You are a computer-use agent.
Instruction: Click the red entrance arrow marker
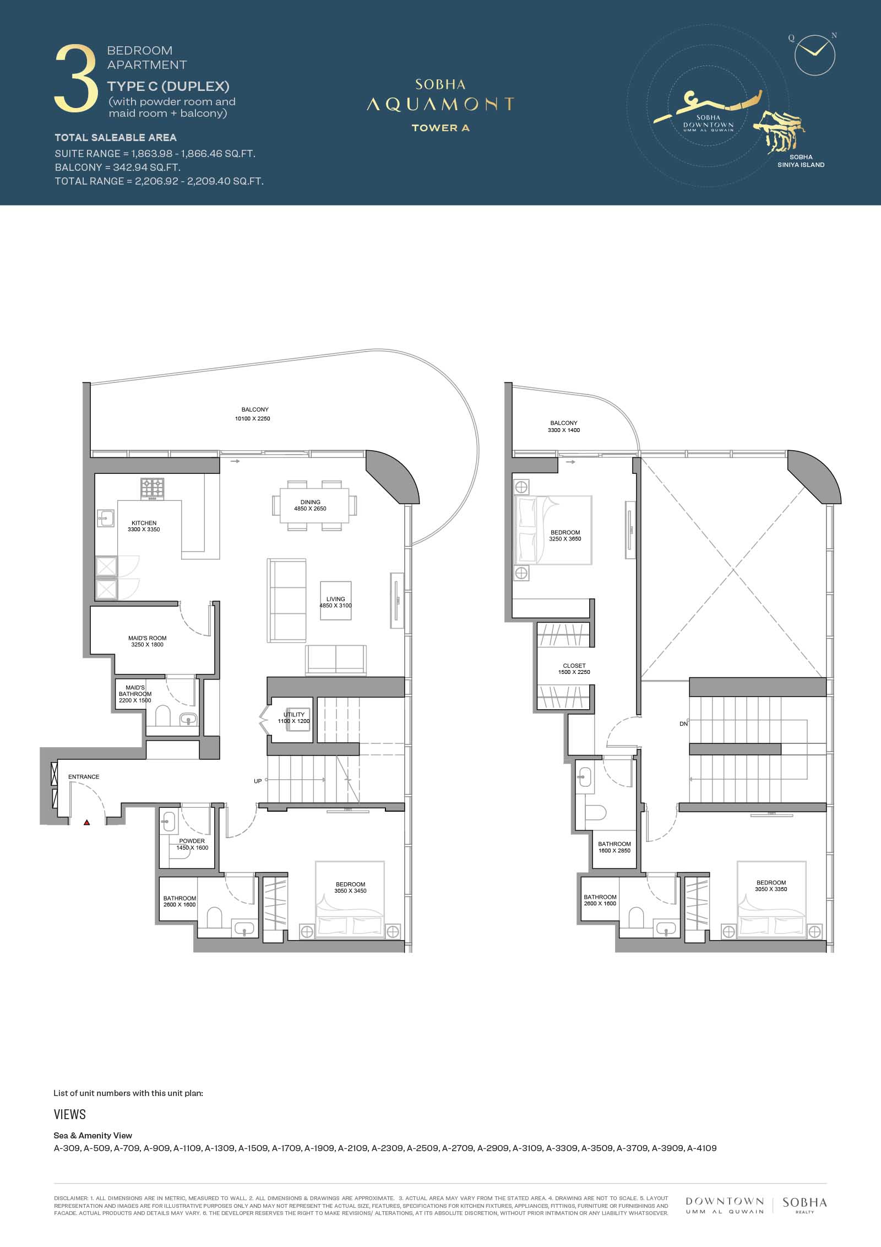tap(86, 823)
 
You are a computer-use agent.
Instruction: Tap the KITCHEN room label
tap(144, 523)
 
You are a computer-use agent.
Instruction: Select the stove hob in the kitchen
tap(153, 488)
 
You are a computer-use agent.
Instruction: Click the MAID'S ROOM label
tap(148, 638)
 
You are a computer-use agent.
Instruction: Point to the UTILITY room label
tap(294, 715)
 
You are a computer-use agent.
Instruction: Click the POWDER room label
tap(192, 841)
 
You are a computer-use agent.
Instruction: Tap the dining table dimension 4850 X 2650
tap(310, 509)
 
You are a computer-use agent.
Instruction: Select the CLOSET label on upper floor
tap(574, 666)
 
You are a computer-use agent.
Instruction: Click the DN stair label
tap(684, 724)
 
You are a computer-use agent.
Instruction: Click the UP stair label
tap(258, 781)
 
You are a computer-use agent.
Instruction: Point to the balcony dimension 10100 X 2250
tap(253, 419)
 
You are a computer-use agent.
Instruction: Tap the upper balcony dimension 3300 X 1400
tap(564, 430)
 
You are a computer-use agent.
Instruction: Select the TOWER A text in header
tap(440, 128)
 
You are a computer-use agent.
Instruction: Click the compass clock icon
tap(815, 55)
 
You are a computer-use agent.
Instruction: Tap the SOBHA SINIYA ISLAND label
tap(801, 161)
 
